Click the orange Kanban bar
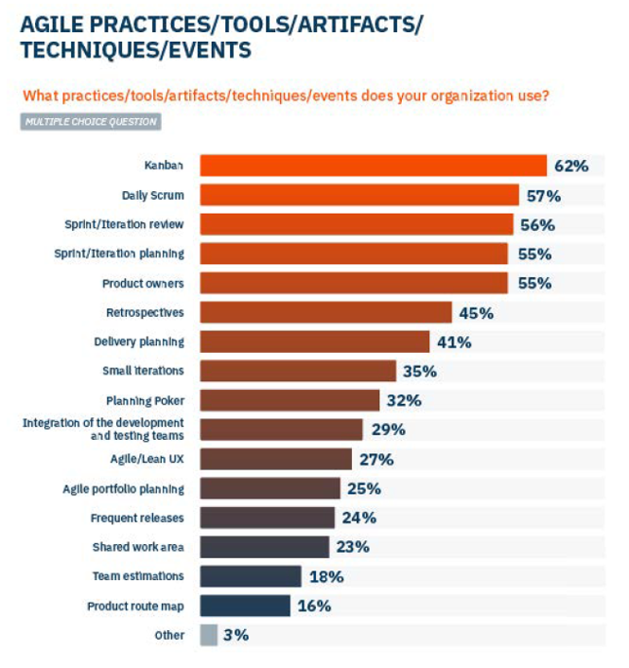373,166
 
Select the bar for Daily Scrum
359,195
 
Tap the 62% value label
571,166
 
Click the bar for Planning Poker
289,400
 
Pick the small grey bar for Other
209,635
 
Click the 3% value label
236,635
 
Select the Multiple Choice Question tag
90,122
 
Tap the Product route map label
135,606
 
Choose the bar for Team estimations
251,576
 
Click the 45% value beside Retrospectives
476,312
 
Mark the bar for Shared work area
265,547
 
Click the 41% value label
454,342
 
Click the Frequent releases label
137,518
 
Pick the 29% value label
388,430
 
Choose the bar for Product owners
354,283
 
